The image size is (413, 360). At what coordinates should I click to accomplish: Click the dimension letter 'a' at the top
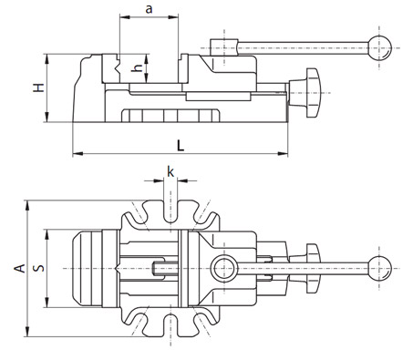click(149, 9)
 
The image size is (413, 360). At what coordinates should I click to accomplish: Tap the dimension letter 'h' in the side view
click(138, 68)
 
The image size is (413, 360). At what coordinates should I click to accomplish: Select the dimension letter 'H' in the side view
click(39, 87)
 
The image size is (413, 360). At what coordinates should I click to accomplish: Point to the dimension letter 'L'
click(181, 146)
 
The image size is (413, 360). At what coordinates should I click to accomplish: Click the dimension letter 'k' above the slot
click(170, 171)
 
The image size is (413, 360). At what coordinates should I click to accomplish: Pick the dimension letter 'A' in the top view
click(20, 268)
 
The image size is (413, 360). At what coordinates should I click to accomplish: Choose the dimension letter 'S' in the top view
click(39, 268)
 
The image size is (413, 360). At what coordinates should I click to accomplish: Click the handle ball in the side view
click(379, 48)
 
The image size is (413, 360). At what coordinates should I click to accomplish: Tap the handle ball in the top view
click(379, 269)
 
